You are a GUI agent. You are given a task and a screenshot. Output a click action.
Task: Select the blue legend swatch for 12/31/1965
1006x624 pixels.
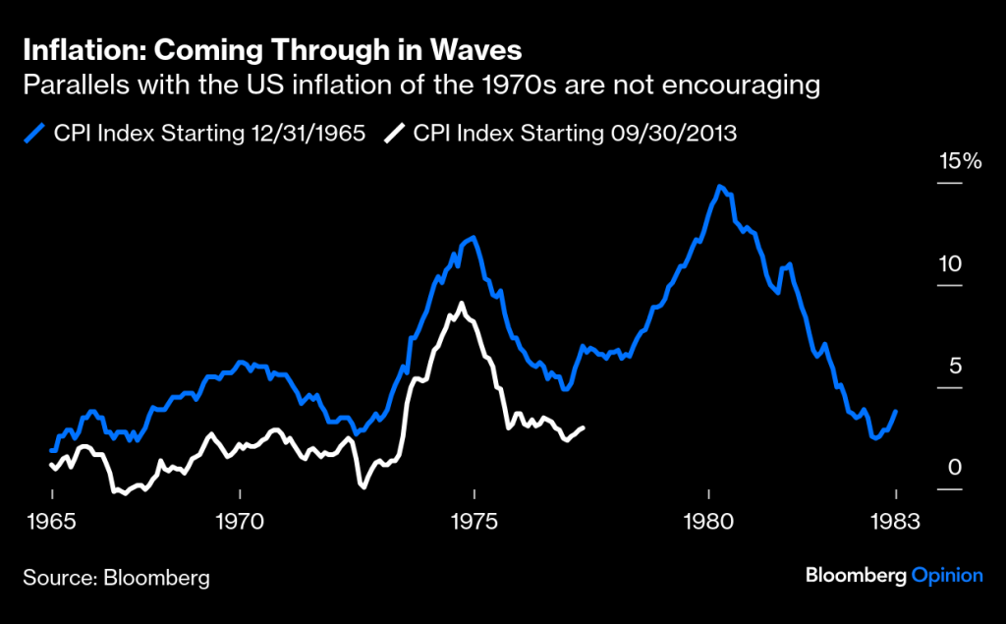[37, 133]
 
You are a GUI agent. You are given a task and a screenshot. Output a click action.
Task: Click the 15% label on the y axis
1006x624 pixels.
[959, 161]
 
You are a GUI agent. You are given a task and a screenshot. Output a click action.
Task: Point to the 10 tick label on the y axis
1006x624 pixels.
[949, 263]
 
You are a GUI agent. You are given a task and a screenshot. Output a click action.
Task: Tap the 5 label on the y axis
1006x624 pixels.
[949, 366]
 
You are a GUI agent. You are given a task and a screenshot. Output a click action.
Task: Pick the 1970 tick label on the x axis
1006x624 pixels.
[240, 521]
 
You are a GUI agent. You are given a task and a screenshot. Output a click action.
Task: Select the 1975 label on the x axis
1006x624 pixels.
[475, 521]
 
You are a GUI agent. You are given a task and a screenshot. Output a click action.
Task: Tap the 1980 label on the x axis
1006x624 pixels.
[708, 521]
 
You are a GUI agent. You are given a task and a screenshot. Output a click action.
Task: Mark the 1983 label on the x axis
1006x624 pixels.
[896, 521]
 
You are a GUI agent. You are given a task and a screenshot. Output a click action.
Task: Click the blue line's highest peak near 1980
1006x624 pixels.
[721, 186]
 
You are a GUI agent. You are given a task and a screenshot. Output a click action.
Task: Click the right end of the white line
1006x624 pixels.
[584, 427]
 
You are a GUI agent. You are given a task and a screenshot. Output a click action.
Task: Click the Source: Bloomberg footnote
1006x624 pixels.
[116, 577]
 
